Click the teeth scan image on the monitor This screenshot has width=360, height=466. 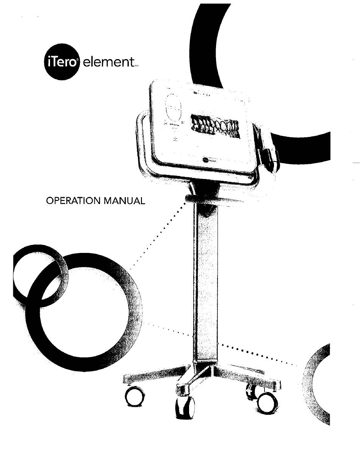(x=215, y=126)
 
